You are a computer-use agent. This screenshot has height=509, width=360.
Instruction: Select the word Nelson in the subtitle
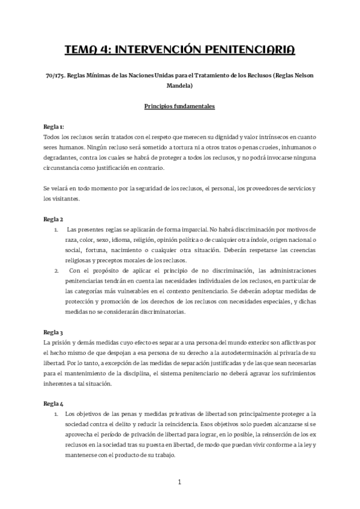[302, 76]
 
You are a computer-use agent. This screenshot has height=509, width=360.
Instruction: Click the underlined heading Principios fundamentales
[179, 106]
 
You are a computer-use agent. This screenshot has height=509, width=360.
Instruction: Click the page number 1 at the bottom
[179, 482]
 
